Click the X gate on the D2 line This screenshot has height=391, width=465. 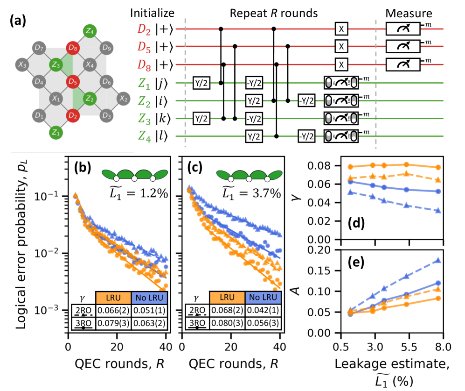[x=341, y=29]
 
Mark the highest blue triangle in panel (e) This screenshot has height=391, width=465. [x=437, y=261]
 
